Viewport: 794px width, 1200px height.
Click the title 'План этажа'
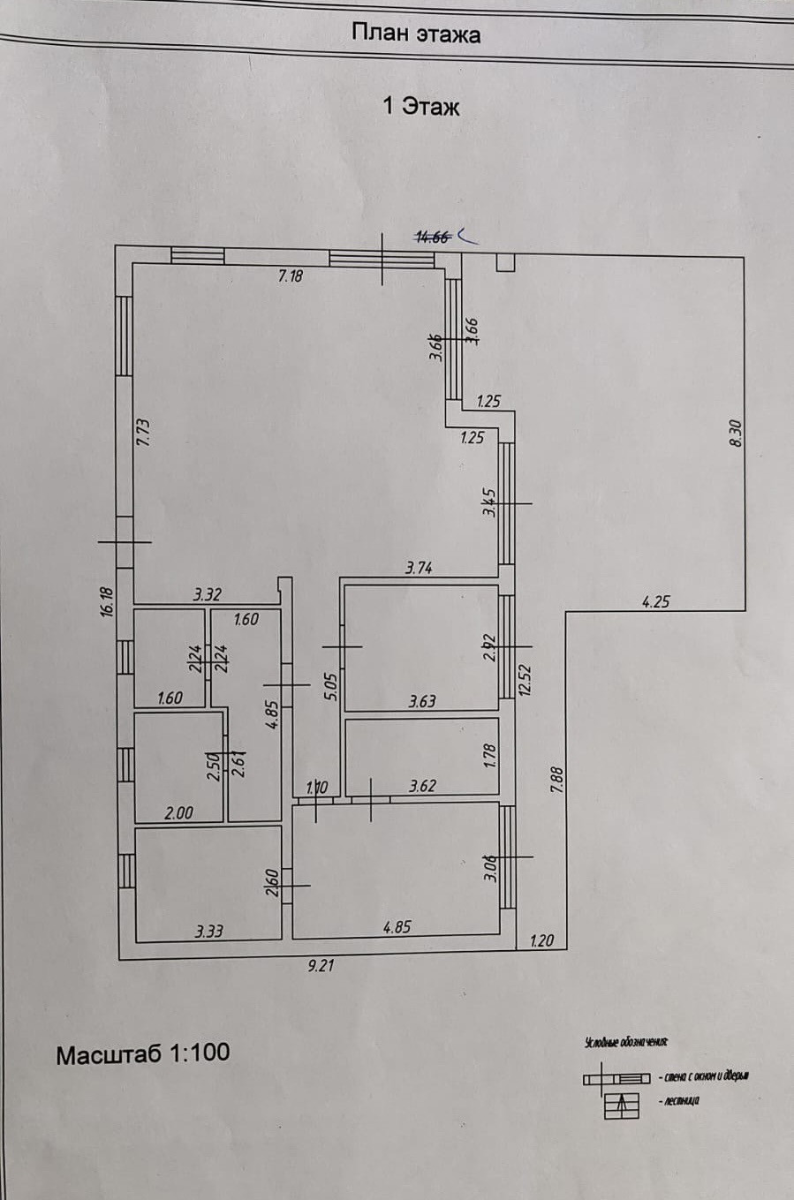click(416, 34)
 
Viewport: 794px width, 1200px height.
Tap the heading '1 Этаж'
click(421, 107)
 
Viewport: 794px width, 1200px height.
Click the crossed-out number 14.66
click(433, 236)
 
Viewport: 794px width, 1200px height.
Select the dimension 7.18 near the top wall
click(291, 276)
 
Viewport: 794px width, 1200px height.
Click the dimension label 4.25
click(655, 602)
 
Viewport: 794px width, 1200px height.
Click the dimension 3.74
click(419, 569)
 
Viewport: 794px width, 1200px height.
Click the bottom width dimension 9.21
click(320, 966)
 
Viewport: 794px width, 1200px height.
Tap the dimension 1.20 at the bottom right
click(541, 941)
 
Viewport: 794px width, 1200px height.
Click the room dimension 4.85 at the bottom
click(397, 928)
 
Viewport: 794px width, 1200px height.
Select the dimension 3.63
click(421, 702)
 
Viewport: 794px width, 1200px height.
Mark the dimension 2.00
click(178, 813)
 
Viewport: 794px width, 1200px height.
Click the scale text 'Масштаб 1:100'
click(143, 1053)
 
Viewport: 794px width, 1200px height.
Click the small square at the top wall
click(505, 262)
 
